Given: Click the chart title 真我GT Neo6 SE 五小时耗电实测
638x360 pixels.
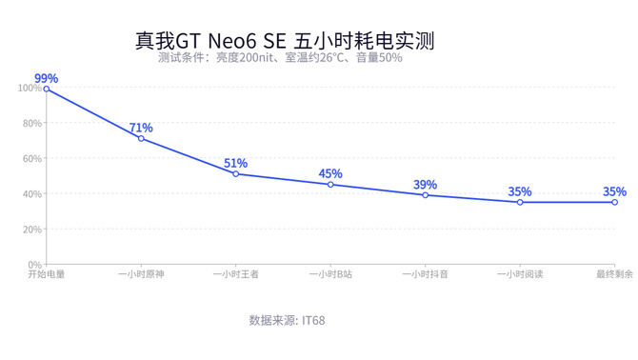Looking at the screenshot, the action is [x=285, y=41].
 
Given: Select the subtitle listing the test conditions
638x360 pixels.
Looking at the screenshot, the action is [x=280, y=57].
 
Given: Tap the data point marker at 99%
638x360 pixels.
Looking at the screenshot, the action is [x=47, y=89].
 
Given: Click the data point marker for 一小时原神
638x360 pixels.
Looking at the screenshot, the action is [x=141, y=139].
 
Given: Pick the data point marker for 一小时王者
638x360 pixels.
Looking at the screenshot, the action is [x=236, y=174].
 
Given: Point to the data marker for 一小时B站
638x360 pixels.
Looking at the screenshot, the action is [x=330, y=185].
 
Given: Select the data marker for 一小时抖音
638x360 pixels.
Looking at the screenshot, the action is [x=426, y=195].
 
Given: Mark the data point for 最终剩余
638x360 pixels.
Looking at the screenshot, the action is [x=614, y=202].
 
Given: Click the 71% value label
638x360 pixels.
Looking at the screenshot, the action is [x=141, y=128].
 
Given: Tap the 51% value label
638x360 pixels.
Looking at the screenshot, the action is [x=235, y=163].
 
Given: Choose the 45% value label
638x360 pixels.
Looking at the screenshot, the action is [x=330, y=173].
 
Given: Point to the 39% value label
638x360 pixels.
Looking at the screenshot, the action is [x=426, y=185].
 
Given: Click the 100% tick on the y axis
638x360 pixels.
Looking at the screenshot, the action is [x=30, y=88].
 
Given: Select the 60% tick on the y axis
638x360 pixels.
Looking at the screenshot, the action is [x=32, y=158].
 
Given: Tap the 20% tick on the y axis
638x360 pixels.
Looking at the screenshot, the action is [x=32, y=230].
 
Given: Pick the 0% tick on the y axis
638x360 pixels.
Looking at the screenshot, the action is [x=34, y=265].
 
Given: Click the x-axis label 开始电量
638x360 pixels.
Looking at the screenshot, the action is [x=47, y=274].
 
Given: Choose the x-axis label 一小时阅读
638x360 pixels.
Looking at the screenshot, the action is [x=520, y=274].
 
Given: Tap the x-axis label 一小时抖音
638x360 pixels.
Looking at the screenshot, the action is [x=426, y=274].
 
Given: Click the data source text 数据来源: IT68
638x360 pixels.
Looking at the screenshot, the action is [x=287, y=321].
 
